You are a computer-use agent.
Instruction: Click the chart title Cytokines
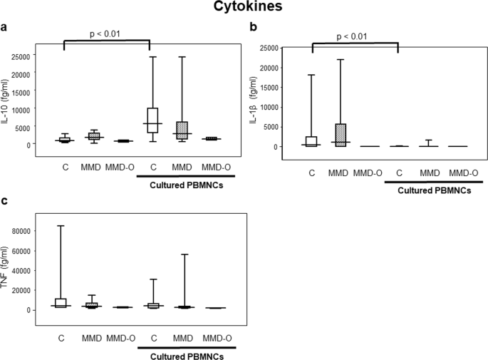[244, 9]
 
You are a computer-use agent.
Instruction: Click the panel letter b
[252, 28]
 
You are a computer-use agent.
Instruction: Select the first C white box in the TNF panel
[61, 302]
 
